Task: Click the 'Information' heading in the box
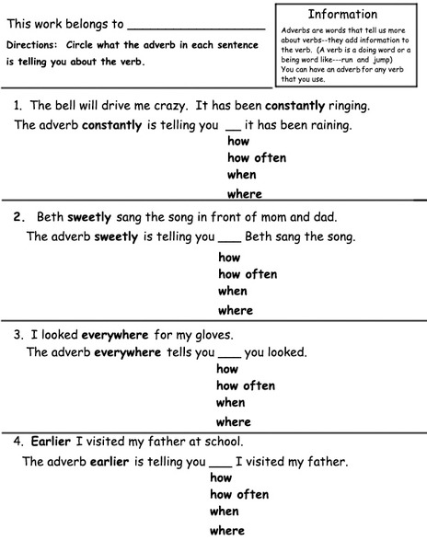(x=342, y=15)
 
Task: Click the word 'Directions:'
(x=31, y=45)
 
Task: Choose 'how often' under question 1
(x=256, y=158)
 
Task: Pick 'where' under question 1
(x=244, y=193)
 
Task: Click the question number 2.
(x=18, y=218)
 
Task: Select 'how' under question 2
(x=228, y=258)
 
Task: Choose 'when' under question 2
(x=232, y=292)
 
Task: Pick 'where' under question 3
(x=233, y=422)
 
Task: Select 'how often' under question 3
(x=246, y=386)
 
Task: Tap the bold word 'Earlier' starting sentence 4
(x=51, y=441)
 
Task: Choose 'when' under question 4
(x=224, y=512)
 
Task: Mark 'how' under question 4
(x=221, y=477)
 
